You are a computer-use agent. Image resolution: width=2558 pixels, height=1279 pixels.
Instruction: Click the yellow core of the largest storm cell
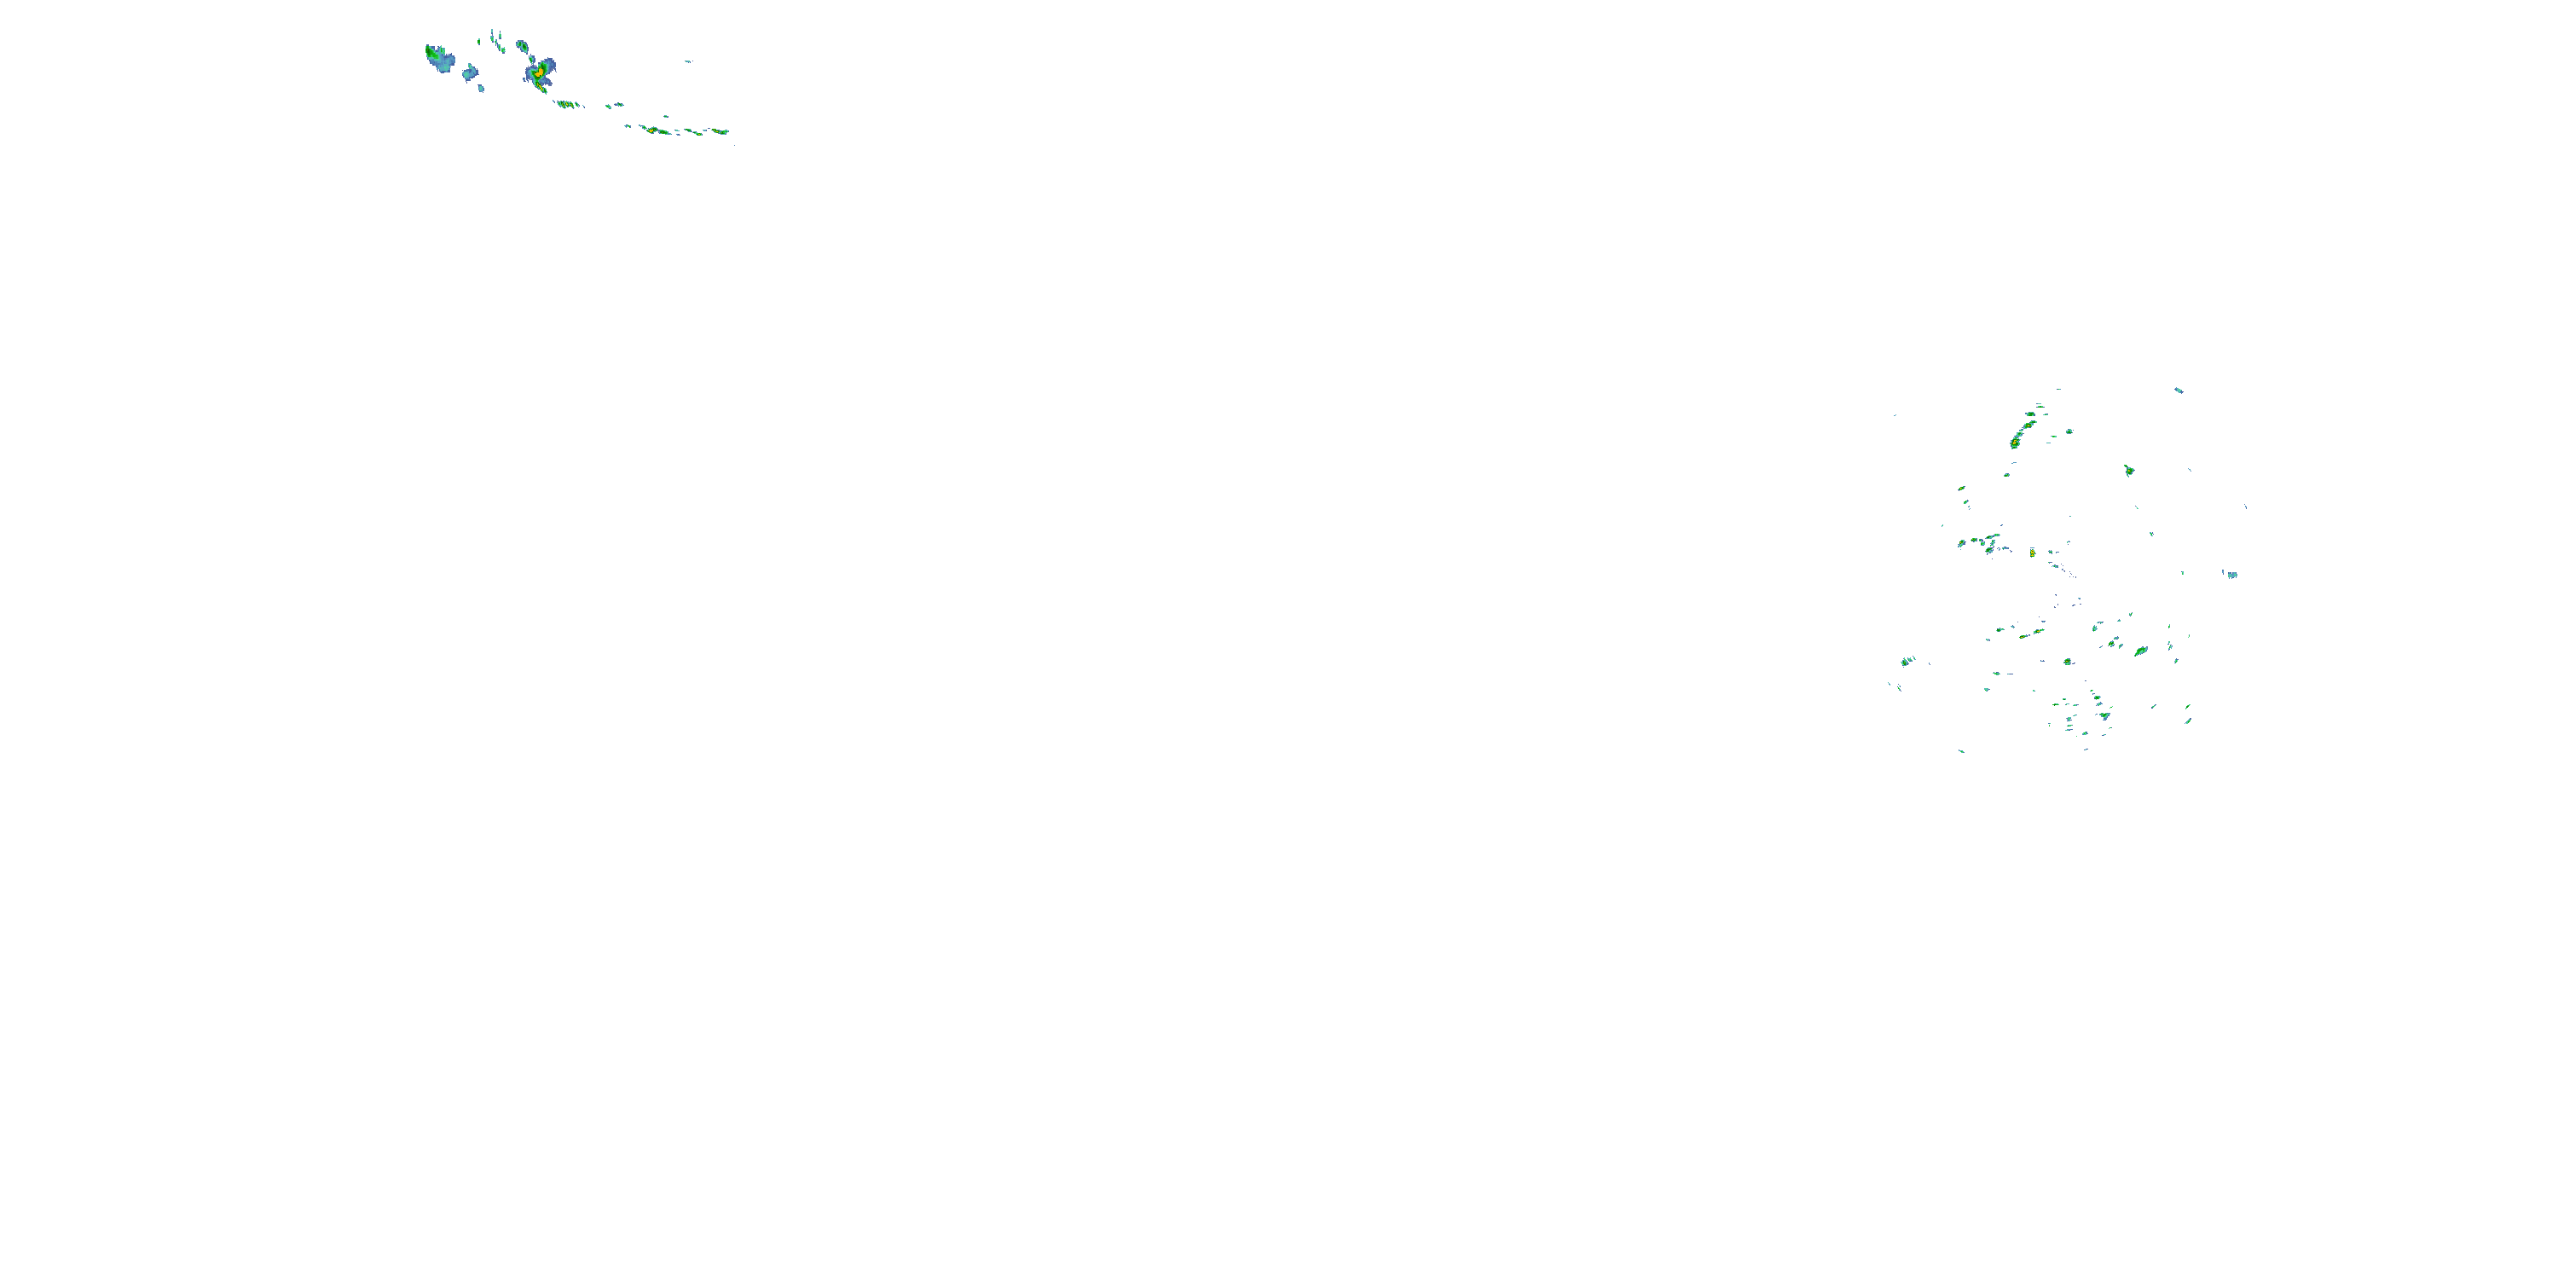(x=539, y=72)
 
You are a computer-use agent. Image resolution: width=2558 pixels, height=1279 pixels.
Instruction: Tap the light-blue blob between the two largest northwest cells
(x=470, y=72)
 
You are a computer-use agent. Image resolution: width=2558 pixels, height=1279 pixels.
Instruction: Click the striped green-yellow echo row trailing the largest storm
(x=567, y=103)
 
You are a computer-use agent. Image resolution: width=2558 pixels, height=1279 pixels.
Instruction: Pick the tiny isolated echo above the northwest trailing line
(x=687, y=61)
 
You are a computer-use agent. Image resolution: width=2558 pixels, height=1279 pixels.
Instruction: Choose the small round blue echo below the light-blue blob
(x=482, y=89)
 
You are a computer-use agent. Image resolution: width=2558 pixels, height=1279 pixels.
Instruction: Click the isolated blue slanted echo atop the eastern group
(x=2179, y=391)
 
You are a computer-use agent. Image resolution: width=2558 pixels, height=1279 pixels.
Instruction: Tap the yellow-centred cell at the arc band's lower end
(x=2015, y=443)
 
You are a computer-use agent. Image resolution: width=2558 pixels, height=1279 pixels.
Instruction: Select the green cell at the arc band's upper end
(x=2040, y=406)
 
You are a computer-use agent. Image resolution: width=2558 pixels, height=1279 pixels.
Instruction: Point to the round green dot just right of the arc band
(x=2069, y=432)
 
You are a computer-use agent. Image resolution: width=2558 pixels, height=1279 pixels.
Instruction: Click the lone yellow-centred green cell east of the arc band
(x=2129, y=471)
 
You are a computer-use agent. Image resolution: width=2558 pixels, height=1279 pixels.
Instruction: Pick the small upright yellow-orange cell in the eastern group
(x=2033, y=553)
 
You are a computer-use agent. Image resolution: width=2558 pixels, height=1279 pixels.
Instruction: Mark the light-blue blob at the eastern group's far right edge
(x=2232, y=575)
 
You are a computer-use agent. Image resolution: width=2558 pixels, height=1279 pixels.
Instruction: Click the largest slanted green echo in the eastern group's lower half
(x=2142, y=651)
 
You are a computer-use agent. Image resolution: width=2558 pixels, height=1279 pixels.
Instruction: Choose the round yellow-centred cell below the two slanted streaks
(x=2068, y=662)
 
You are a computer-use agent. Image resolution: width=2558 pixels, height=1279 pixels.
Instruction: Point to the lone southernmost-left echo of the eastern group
(x=1961, y=750)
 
